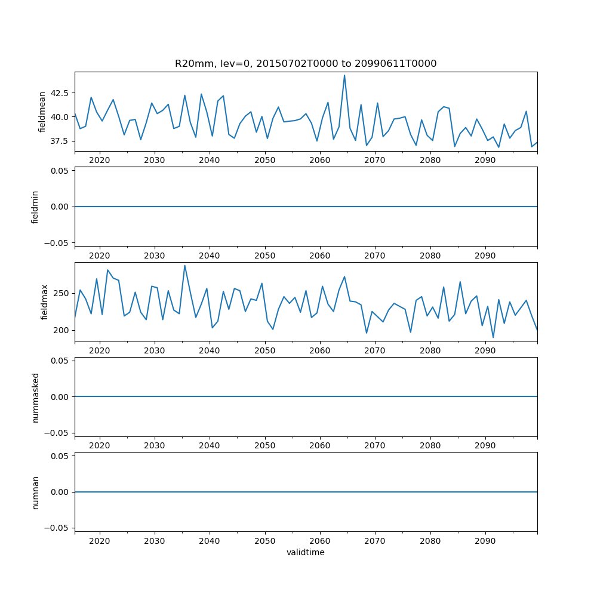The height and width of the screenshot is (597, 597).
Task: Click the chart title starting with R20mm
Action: tap(306, 63)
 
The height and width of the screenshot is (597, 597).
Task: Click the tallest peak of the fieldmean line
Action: tap(344, 75)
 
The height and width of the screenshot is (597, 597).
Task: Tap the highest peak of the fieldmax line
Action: tap(184, 266)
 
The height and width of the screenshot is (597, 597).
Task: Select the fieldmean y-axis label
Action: tap(42, 112)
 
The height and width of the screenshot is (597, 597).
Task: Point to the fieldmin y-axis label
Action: tap(35, 207)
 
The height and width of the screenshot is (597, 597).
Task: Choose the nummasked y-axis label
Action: tap(35, 397)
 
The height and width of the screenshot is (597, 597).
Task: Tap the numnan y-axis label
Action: tap(35, 492)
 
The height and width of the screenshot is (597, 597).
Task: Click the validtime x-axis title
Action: tap(306, 553)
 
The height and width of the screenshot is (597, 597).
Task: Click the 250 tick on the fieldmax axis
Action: tap(63, 293)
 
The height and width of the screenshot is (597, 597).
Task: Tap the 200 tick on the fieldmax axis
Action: tap(63, 330)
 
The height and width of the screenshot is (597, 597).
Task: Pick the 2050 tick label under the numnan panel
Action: tap(264, 541)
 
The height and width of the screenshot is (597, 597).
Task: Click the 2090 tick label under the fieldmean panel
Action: tap(485, 161)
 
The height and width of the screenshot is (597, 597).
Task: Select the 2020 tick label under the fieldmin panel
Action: tap(99, 256)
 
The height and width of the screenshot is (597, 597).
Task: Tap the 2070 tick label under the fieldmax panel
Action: tap(374, 350)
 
